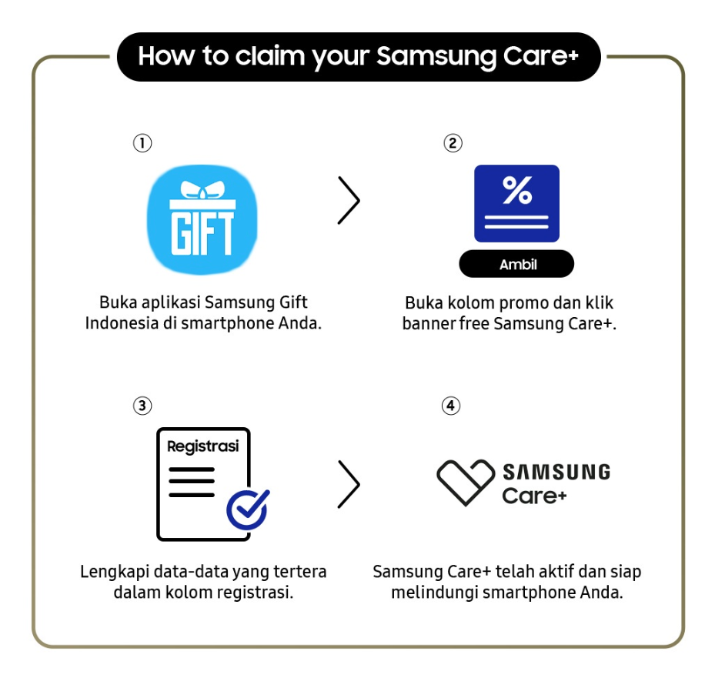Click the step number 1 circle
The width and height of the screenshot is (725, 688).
coord(142,143)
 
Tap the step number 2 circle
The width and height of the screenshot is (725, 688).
coord(453,143)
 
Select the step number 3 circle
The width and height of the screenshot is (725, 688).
coord(142,406)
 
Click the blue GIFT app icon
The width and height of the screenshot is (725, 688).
coord(202,221)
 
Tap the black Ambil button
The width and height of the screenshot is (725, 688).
coord(516,265)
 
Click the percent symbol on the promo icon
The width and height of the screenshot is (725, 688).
coord(517,191)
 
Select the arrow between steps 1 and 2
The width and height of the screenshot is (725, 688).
coord(349,200)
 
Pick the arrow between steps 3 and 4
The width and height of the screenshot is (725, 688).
coord(349,485)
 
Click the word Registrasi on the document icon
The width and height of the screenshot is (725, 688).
coord(203,446)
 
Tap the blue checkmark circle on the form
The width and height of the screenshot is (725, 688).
coord(247,509)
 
